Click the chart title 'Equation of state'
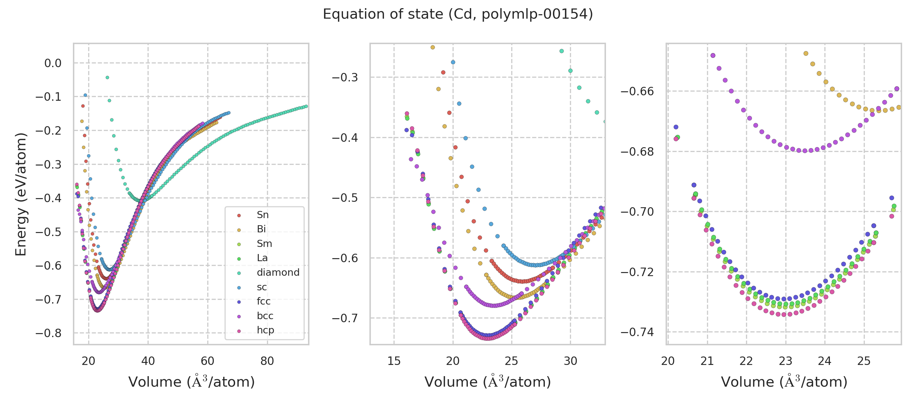tap(458, 14)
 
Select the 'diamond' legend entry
tap(278, 272)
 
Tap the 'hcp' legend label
tap(265, 330)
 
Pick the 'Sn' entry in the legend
tap(263, 215)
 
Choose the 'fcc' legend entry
tap(264, 301)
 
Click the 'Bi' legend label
tap(261, 229)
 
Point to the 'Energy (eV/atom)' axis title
tap(21, 194)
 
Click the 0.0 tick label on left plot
tap(53, 63)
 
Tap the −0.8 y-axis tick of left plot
tap(49, 333)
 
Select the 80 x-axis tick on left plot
tap(267, 361)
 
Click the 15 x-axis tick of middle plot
tap(394, 361)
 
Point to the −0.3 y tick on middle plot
tap(345, 77)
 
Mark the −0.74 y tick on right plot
tap(637, 332)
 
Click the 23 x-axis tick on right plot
tap(785, 361)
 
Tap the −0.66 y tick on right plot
tap(637, 91)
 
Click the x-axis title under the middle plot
tap(488, 382)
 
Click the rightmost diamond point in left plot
tap(306, 106)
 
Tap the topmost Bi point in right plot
tap(806, 53)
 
